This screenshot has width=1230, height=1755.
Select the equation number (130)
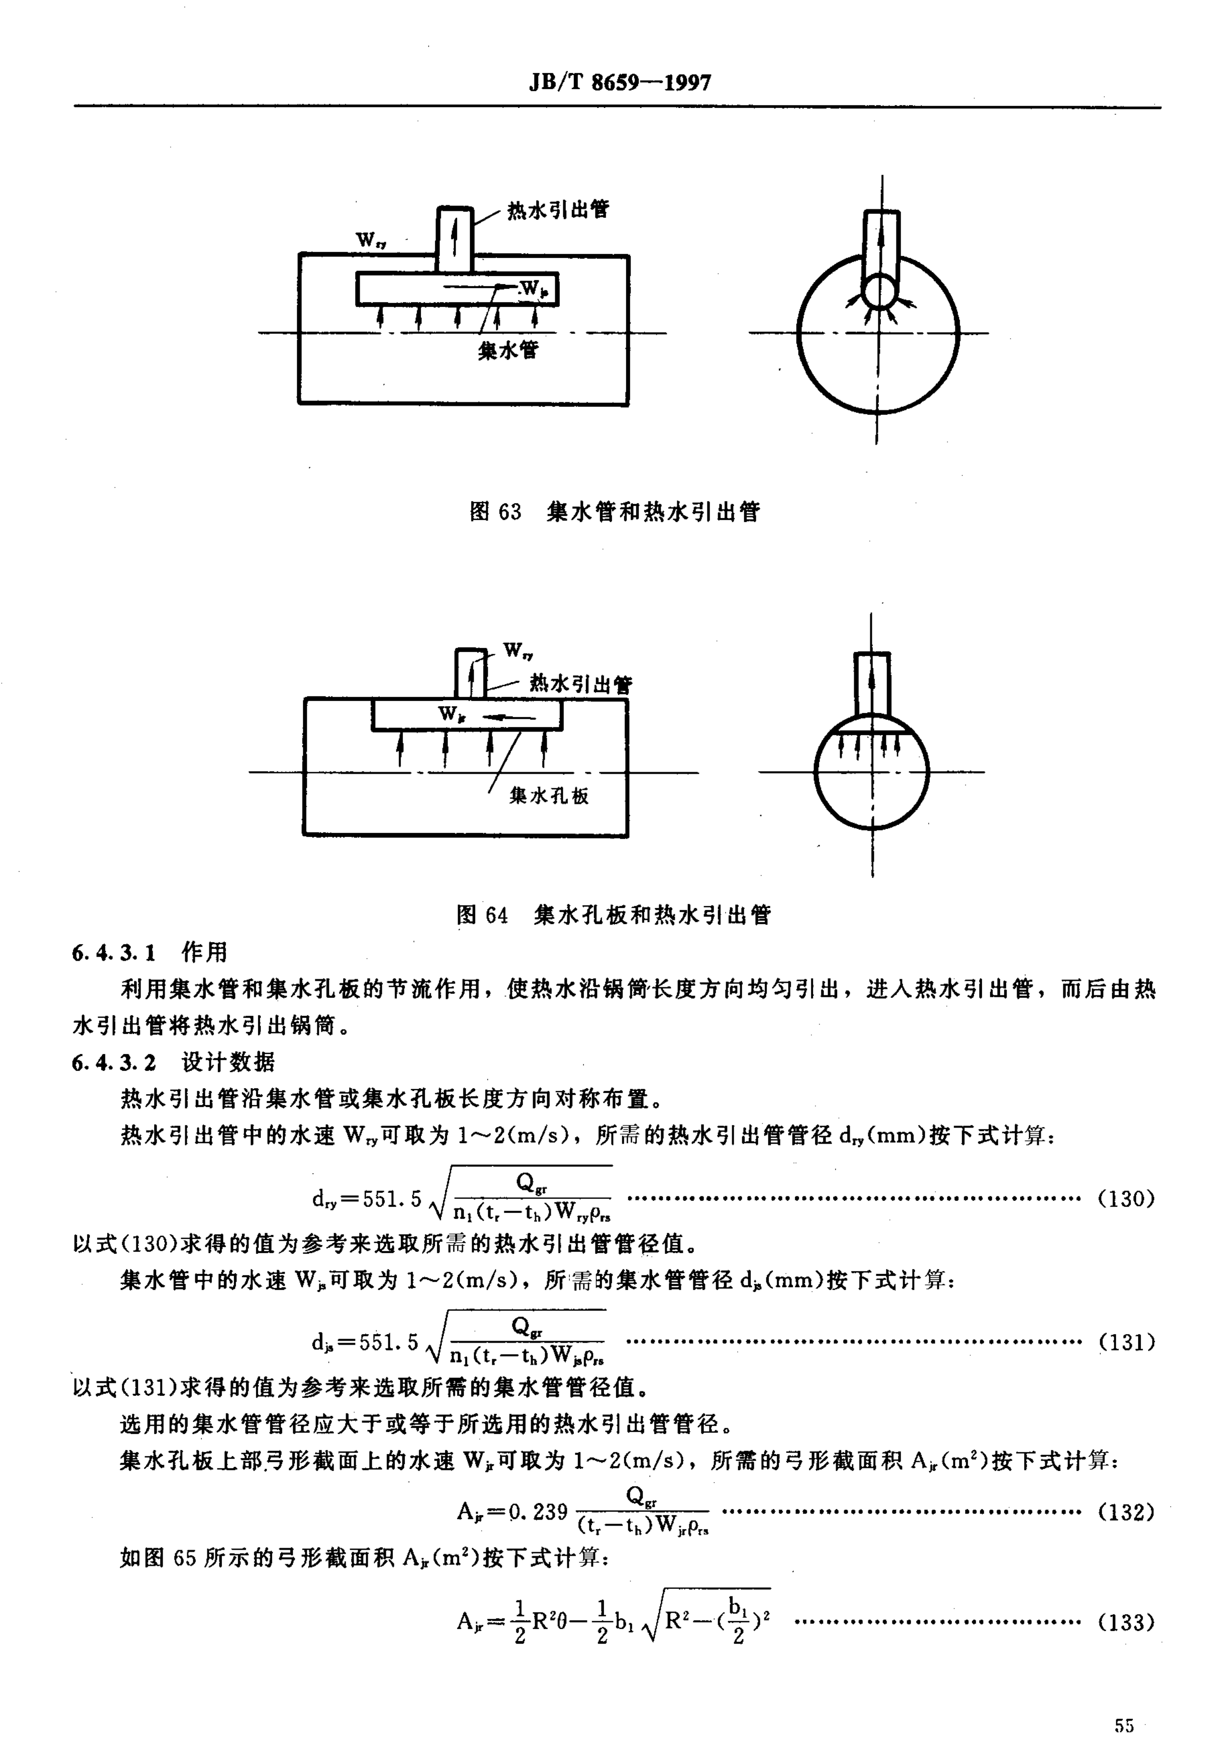[1125, 1199]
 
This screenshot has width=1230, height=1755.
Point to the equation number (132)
[1125, 1512]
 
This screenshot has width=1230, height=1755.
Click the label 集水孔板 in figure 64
[549, 796]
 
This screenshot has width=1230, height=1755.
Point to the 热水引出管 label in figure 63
[558, 209]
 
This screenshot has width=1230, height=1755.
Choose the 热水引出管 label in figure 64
[581, 684]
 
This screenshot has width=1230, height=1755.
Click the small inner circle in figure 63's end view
[880, 290]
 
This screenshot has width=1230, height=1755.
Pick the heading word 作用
[204, 952]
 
